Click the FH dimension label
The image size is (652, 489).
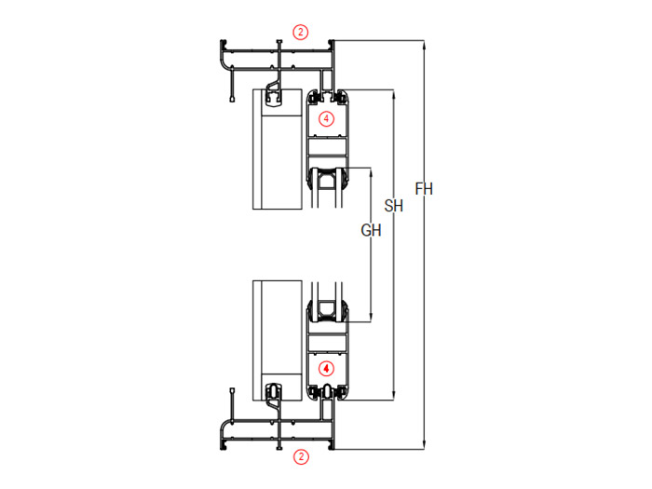[424, 189]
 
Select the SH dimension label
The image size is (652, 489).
[393, 206]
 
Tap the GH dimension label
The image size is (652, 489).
[371, 230]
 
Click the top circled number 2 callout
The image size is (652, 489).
[301, 32]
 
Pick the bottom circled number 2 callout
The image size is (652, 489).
[301, 456]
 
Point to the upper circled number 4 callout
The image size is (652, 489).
[326, 119]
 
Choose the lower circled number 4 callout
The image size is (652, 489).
[326, 369]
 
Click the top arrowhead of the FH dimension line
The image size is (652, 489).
[424, 44]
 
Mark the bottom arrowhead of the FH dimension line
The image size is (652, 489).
[424, 445]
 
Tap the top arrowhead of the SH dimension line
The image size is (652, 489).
[393, 93]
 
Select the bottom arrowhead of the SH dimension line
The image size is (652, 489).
[393, 396]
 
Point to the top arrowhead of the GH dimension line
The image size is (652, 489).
[371, 171]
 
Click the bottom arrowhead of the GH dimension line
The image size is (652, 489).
[371, 318]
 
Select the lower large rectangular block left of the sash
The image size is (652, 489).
[278, 341]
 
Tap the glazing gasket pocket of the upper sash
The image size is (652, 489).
[327, 182]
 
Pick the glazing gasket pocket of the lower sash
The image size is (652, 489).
[327, 309]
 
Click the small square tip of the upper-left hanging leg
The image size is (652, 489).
[232, 99]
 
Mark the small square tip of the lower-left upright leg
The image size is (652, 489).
[232, 391]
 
